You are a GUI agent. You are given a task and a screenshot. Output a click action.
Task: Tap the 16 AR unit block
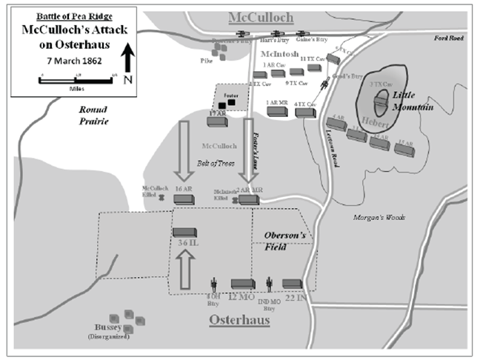point(183,199)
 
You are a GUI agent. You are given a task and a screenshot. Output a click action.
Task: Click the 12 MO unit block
point(243,284)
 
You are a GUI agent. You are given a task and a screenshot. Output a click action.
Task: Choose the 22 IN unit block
point(292,284)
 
